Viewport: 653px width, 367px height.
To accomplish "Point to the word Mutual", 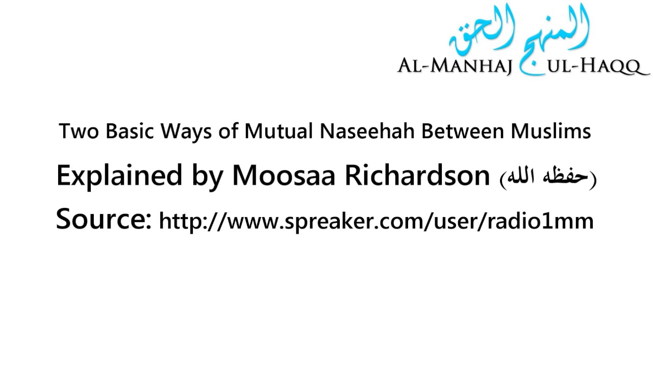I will (278, 132).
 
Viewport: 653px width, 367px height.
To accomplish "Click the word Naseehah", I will (368, 132).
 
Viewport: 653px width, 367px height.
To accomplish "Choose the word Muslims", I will (551, 132).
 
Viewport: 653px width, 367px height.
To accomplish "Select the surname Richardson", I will (417, 175).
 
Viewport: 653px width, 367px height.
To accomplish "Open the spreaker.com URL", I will (376, 221).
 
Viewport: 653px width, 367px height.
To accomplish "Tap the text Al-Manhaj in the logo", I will (454, 67).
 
